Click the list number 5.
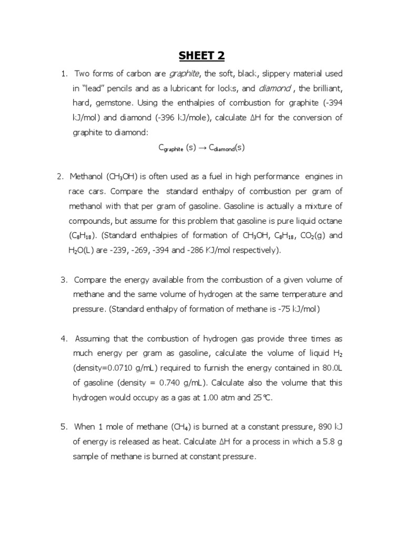pos(64,427)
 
